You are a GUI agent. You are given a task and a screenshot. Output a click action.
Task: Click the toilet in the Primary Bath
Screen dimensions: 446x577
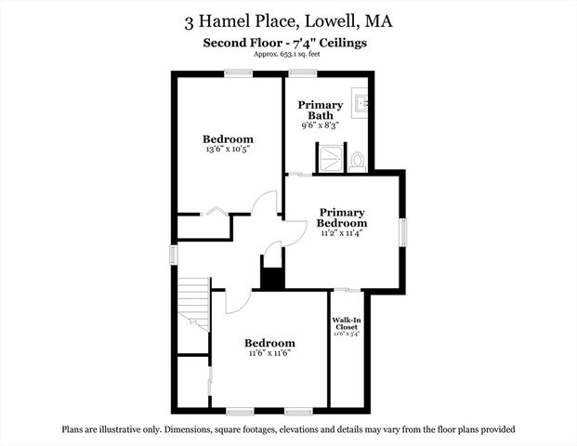click(358, 160)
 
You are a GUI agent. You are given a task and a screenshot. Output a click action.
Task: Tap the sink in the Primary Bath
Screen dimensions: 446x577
click(364, 105)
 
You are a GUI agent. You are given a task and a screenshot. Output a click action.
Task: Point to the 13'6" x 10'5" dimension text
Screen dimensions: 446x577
click(229, 149)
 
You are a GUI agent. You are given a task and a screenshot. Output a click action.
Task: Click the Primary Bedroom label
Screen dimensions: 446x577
click(342, 217)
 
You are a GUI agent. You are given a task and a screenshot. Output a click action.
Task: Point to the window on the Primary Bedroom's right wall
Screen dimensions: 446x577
click(402, 231)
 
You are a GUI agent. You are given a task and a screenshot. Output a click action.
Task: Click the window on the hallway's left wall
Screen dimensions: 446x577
click(173, 254)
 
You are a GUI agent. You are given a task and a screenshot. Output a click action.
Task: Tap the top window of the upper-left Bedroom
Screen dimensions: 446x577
click(238, 73)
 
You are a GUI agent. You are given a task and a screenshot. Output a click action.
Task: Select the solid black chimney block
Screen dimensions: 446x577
click(271, 276)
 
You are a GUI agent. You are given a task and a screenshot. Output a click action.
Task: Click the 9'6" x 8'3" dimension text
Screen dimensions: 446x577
click(321, 125)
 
